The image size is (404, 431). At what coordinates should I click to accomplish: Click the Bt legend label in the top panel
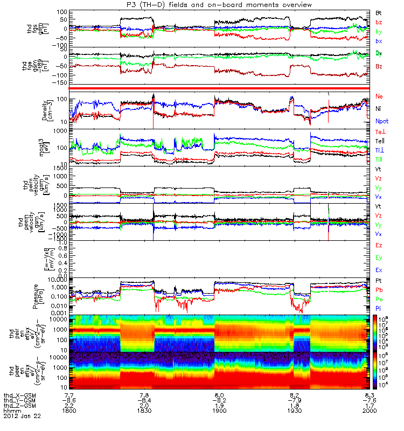[x=379, y=12]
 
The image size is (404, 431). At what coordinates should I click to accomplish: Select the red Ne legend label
[x=379, y=95]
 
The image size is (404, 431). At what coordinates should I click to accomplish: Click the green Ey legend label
[x=379, y=257]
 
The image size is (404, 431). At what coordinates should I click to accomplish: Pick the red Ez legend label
[x=379, y=245]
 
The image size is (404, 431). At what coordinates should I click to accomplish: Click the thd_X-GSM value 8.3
[x=362, y=395]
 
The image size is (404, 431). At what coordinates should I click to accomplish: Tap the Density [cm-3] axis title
[x=50, y=108]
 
